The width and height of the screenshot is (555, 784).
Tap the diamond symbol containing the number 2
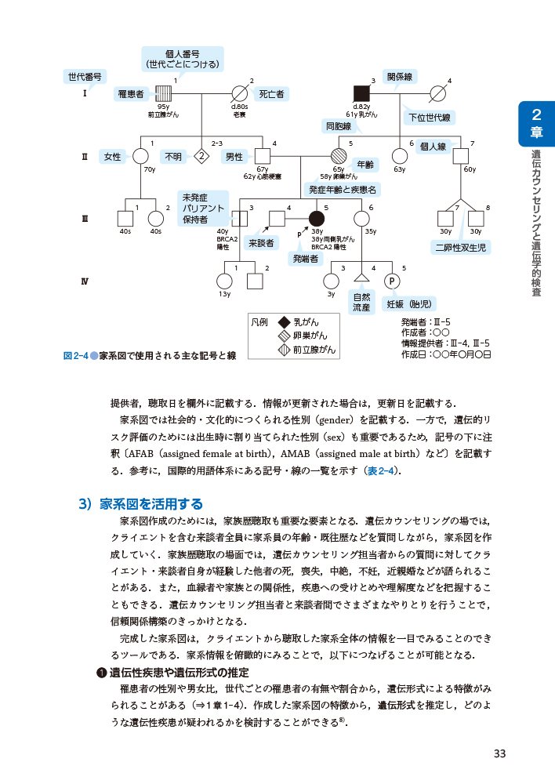[x=201, y=156]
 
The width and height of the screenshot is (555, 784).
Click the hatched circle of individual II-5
[x=339, y=156]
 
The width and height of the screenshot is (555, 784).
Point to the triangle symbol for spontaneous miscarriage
[x=361, y=278]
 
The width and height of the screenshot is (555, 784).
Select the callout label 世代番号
[x=85, y=77]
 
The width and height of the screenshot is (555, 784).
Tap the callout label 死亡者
[x=271, y=94]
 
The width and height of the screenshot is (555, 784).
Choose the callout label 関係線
[x=401, y=76]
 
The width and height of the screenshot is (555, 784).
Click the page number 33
[x=499, y=754]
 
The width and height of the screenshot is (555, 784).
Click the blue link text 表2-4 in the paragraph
[x=382, y=470]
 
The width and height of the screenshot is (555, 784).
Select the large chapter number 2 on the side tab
[x=537, y=116]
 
